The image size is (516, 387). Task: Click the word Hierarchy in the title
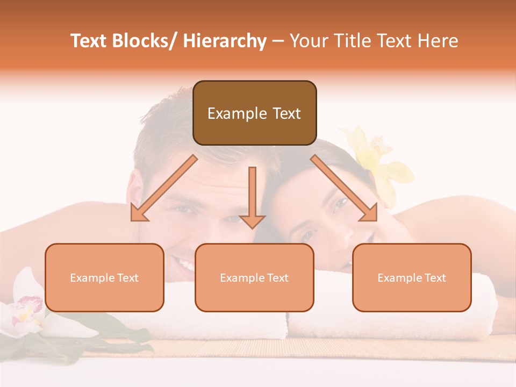(225, 41)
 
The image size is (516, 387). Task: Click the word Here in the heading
(439, 41)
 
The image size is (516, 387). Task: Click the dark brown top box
(254, 113)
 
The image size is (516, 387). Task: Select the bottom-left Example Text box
(104, 277)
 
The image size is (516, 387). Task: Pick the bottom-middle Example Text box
(254, 277)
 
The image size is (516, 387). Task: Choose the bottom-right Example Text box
(412, 277)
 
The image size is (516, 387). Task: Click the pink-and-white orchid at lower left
(24, 312)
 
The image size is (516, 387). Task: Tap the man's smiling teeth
(185, 265)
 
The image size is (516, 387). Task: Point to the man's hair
(161, 134)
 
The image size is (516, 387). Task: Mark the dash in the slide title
(278, 41)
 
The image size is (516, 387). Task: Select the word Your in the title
(310, 41)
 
